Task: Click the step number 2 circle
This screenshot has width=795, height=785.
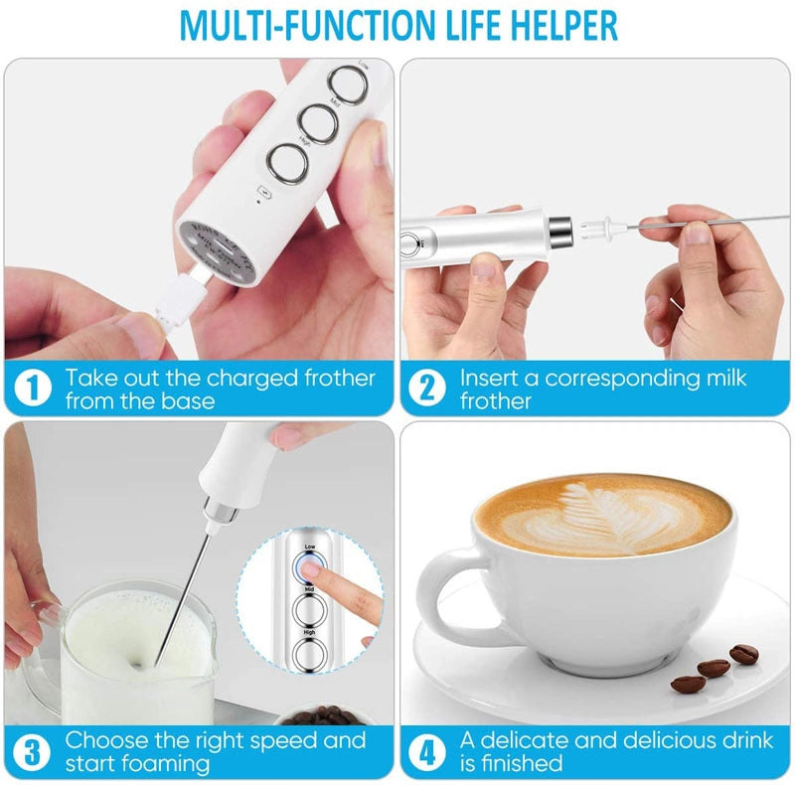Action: tap(426, 388)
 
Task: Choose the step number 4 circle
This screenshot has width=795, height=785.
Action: tap(426, 750)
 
